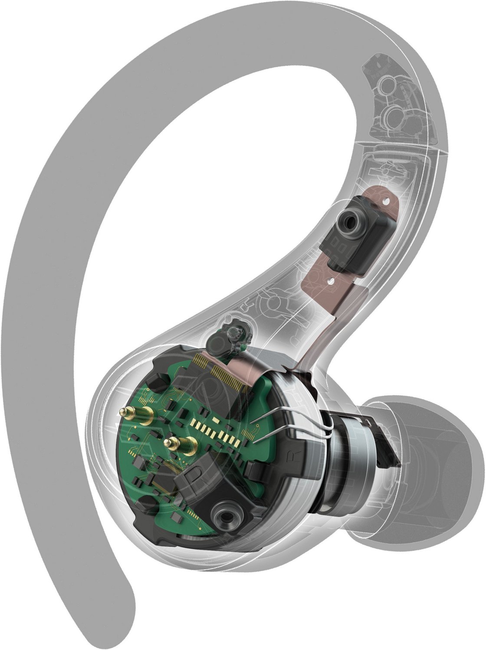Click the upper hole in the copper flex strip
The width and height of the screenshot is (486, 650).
pos(386,200)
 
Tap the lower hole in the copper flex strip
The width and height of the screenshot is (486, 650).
pos(332,281)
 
